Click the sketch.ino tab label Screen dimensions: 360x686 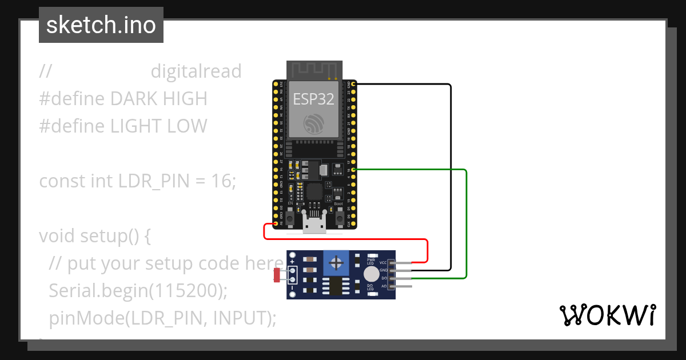(101, 25)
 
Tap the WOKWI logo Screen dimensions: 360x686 (608, 315)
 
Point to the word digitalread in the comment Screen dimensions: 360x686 (196, 71)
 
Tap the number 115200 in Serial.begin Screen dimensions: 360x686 (185, 290)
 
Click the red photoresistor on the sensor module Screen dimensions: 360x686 (277, 275)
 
